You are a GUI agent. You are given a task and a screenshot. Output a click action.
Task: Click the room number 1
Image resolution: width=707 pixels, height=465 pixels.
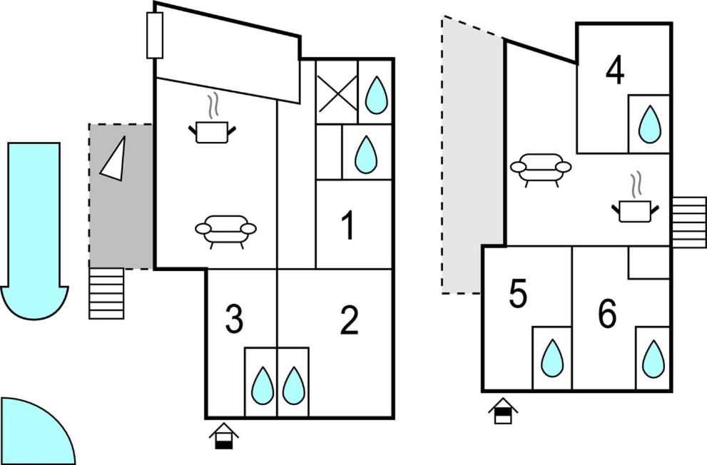348,227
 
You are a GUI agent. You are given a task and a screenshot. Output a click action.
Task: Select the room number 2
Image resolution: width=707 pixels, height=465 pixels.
349,322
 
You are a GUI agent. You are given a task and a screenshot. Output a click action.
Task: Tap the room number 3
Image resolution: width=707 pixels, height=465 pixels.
234,321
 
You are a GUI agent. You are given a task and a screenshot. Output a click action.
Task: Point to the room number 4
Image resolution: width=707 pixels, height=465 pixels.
615,71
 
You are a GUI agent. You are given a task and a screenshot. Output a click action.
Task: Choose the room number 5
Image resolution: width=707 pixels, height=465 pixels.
519,295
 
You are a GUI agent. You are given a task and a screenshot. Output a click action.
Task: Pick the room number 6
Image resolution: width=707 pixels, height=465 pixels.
607,315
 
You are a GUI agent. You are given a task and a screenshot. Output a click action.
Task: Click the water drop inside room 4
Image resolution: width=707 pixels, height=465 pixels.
649,124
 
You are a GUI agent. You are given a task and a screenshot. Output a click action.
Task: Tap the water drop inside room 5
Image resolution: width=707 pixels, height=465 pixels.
552,358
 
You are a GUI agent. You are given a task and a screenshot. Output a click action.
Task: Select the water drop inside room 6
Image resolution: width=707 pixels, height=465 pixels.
653,359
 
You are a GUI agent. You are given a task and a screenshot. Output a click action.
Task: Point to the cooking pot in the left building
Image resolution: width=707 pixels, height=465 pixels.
212,130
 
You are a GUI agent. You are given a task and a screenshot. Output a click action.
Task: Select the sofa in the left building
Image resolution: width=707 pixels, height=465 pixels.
225,230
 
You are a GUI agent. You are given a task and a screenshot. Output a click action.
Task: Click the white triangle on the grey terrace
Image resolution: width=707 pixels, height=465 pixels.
114,158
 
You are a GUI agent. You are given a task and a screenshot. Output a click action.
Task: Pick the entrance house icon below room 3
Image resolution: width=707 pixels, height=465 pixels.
223,436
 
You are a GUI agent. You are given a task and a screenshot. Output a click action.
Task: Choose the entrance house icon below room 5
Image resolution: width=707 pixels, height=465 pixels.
503,411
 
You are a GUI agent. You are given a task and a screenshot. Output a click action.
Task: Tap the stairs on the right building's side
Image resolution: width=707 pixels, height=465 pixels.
688,222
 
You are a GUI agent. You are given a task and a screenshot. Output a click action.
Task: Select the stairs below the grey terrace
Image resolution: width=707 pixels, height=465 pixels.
106,292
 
